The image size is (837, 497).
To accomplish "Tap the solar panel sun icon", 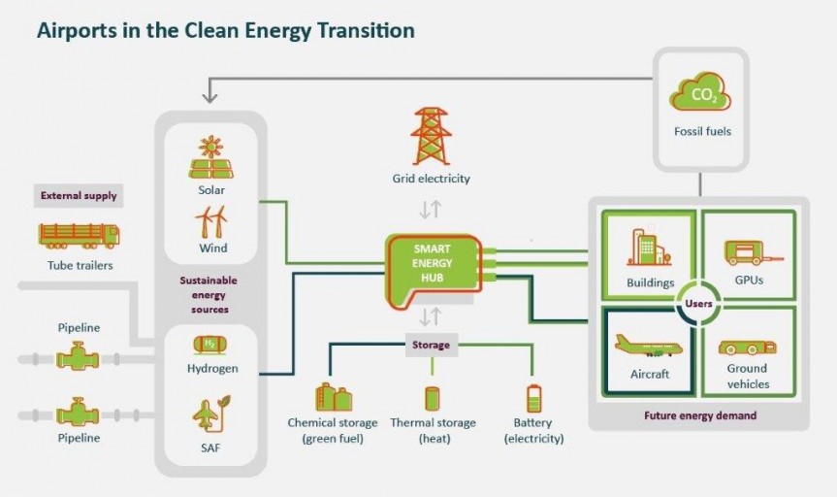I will coord(210,157).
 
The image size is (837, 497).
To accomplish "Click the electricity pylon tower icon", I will coord(431,135).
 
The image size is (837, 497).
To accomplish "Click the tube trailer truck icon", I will coord(79,236).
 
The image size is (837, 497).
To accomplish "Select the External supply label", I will coord(79,195).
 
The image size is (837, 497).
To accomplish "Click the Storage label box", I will coord(431,345).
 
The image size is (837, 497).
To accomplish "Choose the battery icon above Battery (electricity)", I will coord(533,398).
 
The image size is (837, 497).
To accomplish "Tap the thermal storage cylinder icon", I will coord(433,398).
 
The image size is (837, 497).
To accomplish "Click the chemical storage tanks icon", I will coord(333,396).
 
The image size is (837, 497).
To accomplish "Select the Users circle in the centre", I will coord(698,304).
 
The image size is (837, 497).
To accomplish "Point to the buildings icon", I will coord(647,248).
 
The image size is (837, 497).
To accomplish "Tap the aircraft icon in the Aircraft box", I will coord(649,345).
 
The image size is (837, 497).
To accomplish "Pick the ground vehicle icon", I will coord(747,347).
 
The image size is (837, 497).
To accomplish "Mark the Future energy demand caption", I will coord(699,415).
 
